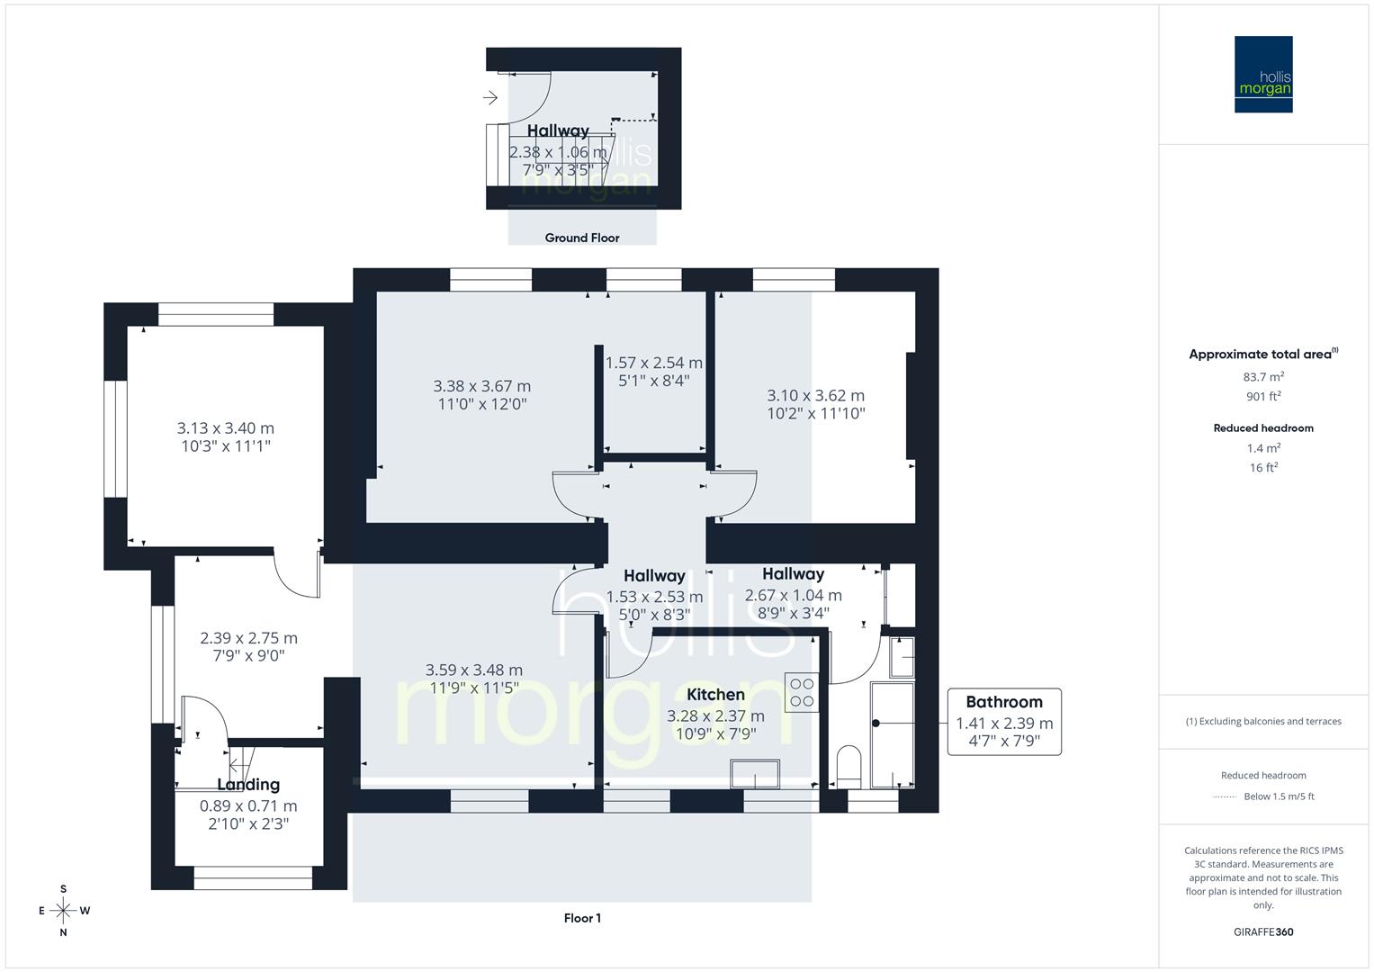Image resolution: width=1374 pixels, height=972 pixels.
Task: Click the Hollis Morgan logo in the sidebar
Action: tap(1262, 74)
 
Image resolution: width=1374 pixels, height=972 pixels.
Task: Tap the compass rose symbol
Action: tap(63, 910)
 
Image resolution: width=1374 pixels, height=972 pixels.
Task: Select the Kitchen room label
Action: tap(715, 694)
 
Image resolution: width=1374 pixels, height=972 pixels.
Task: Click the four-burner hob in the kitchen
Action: tap(801, 692)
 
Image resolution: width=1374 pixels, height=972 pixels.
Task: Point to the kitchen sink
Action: tap(755, 773)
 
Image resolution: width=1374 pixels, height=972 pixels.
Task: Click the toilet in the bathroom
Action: tap(849, 766)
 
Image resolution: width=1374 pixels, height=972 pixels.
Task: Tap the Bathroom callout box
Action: tap(1003, 721)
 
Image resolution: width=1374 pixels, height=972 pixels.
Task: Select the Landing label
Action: tap(247, 785)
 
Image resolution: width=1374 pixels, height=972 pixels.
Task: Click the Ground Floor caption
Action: tap(581, 238)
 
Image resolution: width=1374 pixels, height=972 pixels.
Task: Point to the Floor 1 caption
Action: tap(581, 918)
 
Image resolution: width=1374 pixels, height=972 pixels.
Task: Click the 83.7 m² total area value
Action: tap(1262, 377)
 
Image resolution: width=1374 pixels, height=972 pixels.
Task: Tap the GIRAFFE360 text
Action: tap(1262, 931)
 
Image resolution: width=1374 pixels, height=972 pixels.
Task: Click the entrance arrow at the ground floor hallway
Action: tap(490, 97)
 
